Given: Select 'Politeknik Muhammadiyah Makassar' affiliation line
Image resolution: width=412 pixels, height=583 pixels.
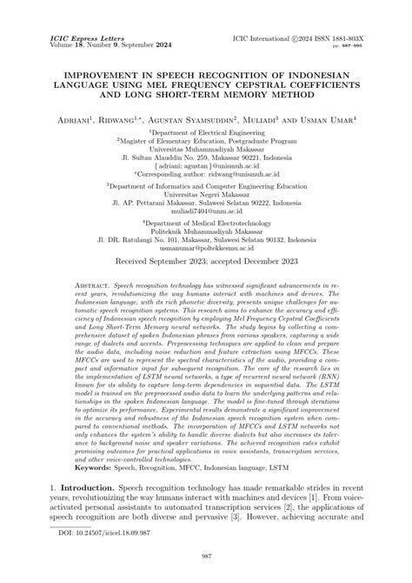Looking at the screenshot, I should [205, 230].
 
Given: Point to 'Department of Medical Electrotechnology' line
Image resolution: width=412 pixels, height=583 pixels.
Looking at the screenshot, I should [207, 222].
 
